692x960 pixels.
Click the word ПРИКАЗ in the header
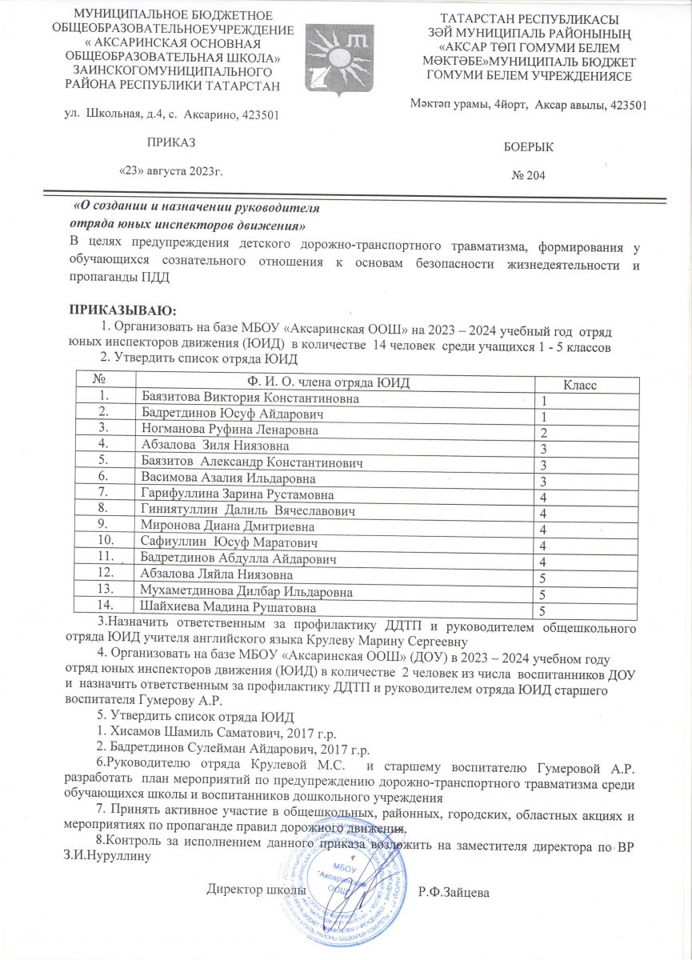point(170,142)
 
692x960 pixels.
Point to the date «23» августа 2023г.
point(170,170)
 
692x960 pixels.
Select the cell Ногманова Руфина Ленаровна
point(229,430)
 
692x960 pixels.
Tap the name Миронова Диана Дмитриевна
point(227,526)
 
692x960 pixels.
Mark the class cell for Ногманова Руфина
point(543,432)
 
